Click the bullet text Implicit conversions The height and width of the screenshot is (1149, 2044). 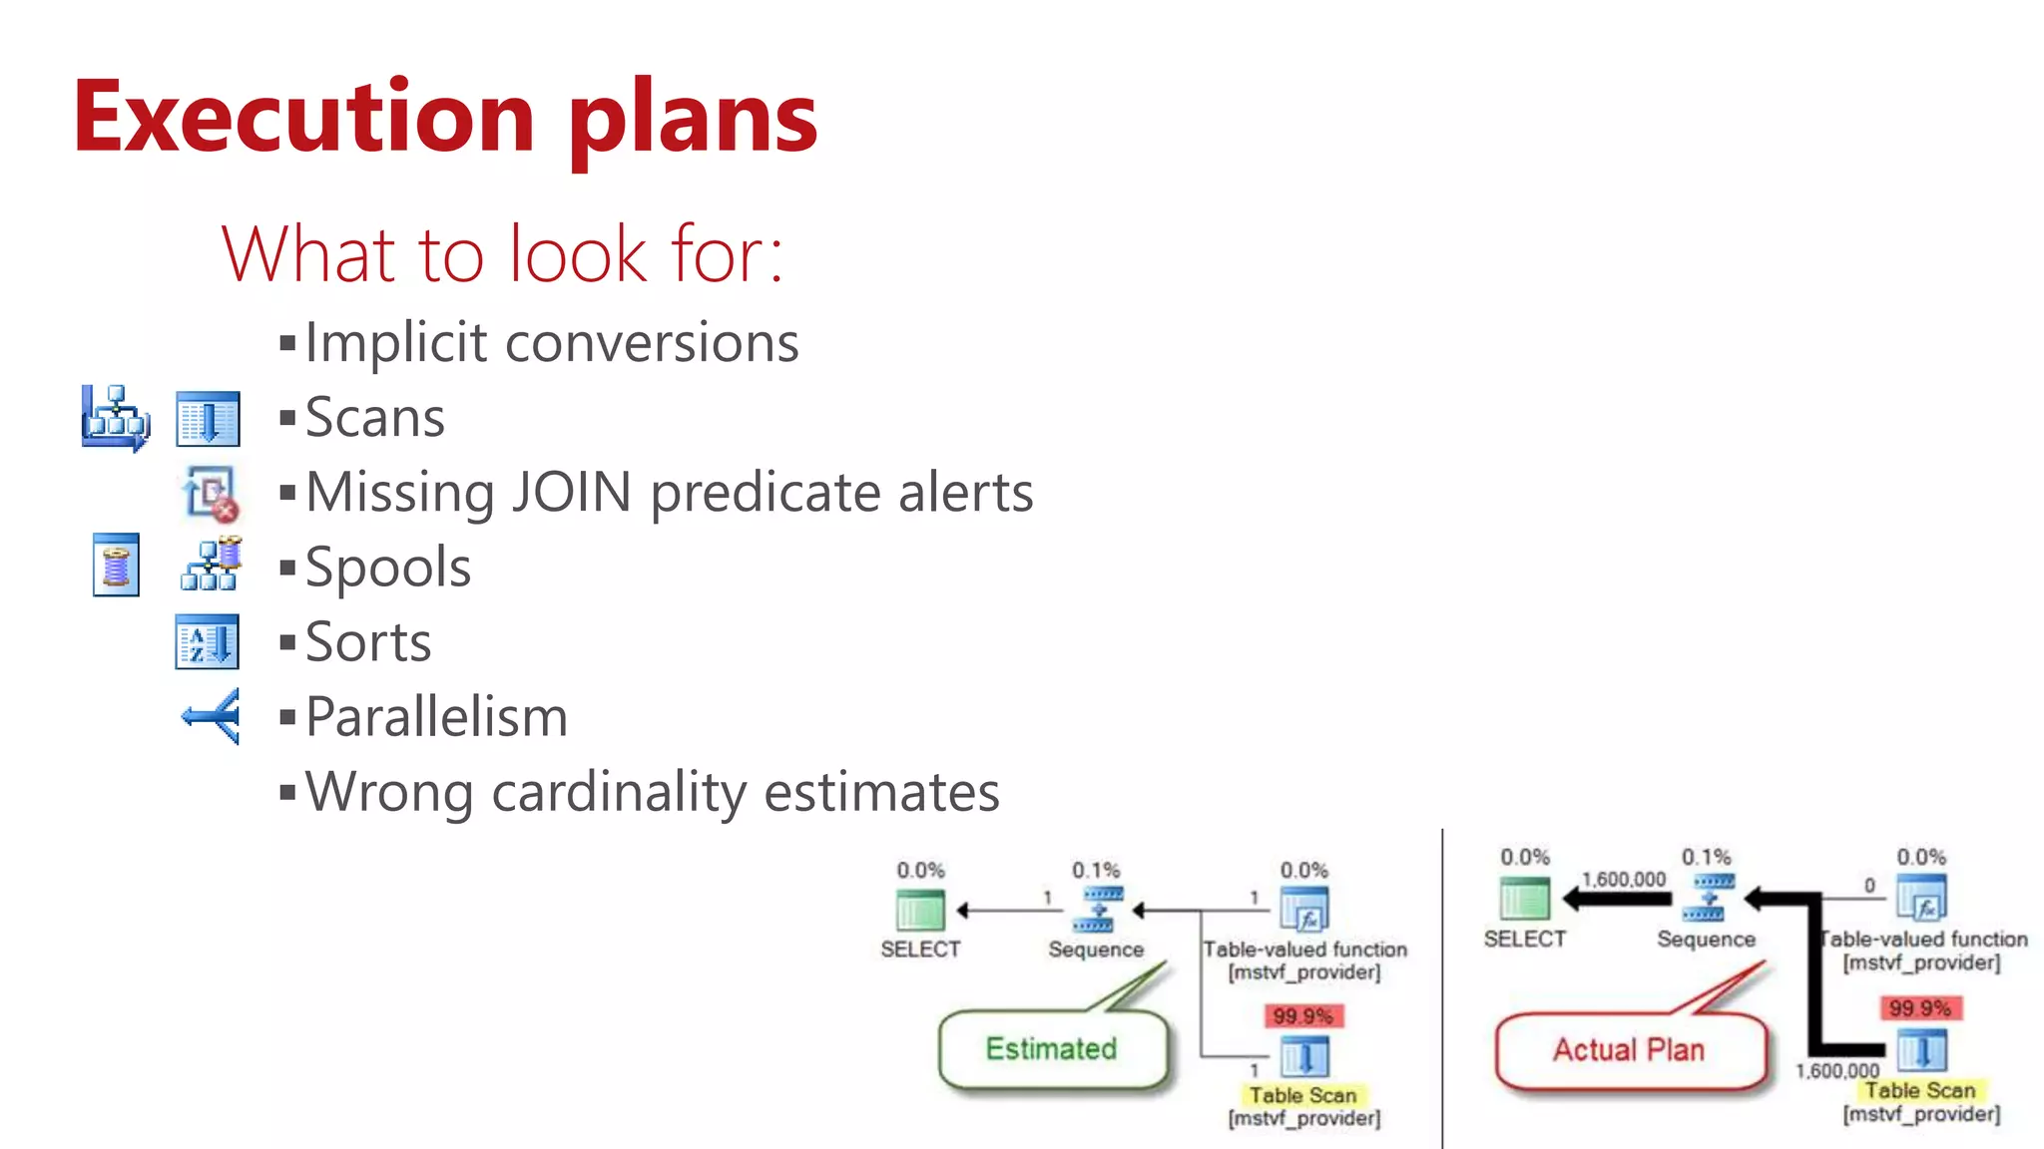tap(551, 343)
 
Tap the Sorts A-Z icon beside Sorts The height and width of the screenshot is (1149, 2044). tap(207, 641)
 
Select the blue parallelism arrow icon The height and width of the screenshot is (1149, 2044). tap(211, 715)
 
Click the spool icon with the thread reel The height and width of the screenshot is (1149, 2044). tap(116, 565)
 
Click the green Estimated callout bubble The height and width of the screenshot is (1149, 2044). tap(1052, 1049)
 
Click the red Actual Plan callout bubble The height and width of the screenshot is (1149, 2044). tap(1629, 1050)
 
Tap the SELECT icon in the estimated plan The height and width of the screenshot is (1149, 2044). tap(920, 910)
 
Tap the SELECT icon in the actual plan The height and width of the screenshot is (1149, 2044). tap(1524, 898)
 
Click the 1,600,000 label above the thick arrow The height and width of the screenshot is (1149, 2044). tap(1623, 879)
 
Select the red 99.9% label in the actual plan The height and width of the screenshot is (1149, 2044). tap(1919, 1007)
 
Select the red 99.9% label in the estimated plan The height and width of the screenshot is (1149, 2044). tap(1302, 1015)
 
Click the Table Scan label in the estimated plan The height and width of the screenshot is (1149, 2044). tap(1302, 1095)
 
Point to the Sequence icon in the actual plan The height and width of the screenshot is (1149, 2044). tap(1708, 897)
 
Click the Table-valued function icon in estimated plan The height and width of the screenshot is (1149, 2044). tap(1304, 910)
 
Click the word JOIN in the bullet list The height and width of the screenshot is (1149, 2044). tap(571, 493)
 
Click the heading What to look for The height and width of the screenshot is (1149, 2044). tap(502, 254)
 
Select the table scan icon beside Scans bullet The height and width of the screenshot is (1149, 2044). tap(208, 419)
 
